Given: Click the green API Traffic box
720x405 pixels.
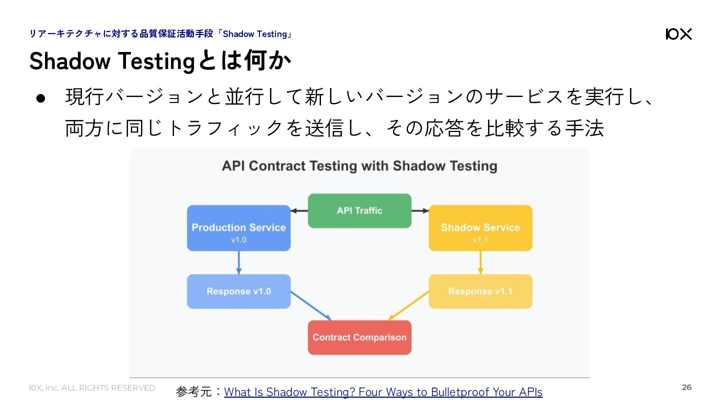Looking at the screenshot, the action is pyautogui.click(x=359, y=211).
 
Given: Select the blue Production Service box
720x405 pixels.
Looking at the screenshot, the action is pyautogui.click(x=239, y=228).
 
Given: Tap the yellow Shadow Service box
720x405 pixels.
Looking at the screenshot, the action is pyautogui.click(x=480, y=228).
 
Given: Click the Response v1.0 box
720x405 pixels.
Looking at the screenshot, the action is pyautogui.click(x=239, y=291).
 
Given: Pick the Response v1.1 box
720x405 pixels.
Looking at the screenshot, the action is pyautogui.click(x=480, y=291).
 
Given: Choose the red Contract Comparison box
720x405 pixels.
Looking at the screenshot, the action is pyautogui.click(x=359, y=337).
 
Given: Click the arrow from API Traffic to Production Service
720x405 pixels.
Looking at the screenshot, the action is pyautogui.click(x=299, y=211).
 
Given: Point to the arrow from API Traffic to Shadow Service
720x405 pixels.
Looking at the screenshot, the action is pyautogui.click(x=420, y=211).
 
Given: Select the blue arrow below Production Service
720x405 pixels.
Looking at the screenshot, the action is pyautogui.click(x=239, y=262).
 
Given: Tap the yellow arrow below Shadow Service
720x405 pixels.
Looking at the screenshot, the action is pyautogui.click(x=480, y=262).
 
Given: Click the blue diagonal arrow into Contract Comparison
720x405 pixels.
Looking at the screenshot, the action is pyautogui.click(x=311, y=306).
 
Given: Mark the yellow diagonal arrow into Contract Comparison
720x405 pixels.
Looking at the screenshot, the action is pyautogui.click(x=408, y=306).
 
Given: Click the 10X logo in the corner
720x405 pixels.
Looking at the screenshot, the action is pyautogui.click(x=678, y=34).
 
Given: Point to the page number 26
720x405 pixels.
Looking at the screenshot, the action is pyautogui.click(x=686, y=387).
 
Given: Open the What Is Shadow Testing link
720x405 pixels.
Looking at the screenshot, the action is pyautogui.click(x=383, y=392).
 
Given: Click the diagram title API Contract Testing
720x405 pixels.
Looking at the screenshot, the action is pyautogui.click(x=359, y=166).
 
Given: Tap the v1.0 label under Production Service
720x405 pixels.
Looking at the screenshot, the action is pyautogui.click(x=239, y=240).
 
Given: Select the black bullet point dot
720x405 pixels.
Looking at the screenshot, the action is pyautogui.click(x=41, y=98).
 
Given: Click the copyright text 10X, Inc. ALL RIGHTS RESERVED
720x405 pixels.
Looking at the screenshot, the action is pyautogui.click(x=92, y=388).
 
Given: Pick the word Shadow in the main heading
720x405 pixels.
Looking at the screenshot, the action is pyautogui.click(x=70, y=61).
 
